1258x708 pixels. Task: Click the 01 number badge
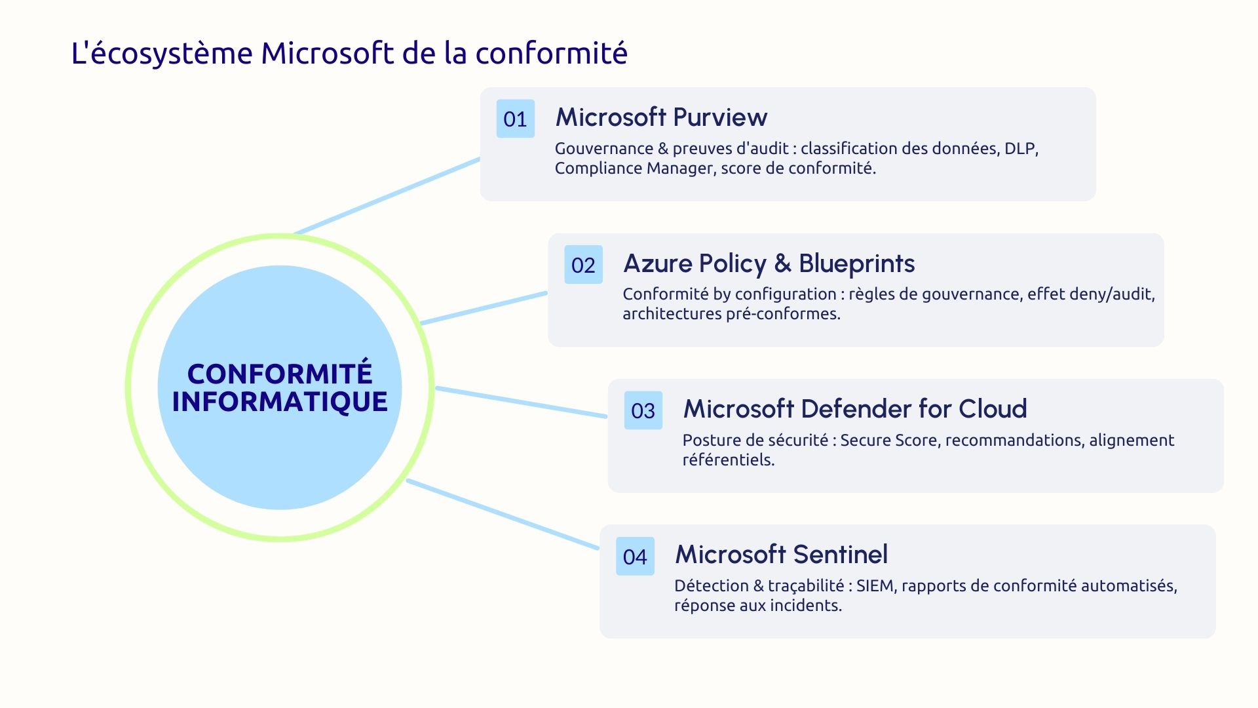click(515, 119)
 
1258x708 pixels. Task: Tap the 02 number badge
click(583, 265)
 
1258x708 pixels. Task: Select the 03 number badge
click(643, 410)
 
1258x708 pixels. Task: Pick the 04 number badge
click(635, 557)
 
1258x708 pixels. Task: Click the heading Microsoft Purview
click(661, 117)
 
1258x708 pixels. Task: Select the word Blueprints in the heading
click(856, 264)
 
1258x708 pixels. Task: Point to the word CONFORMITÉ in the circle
click(280, 374)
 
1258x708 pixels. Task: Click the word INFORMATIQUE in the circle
click(280, 401)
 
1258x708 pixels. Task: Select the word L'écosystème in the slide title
click(162, 53)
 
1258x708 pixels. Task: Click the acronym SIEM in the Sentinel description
click(875, 585)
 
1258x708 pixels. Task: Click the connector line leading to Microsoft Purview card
click(387, 196)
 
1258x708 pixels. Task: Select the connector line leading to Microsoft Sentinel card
click(503, 515)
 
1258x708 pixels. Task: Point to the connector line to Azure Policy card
click(484, 308)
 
